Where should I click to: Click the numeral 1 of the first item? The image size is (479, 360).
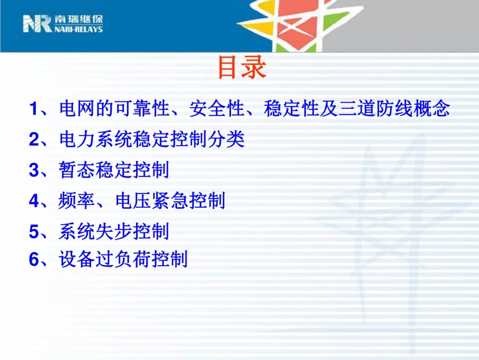click(x=34, y=109)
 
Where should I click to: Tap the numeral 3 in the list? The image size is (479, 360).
click(x=34, y=170)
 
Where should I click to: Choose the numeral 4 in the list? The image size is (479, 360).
click(x=34, y=201)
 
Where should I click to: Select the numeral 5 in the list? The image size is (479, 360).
click(x=34, y=232)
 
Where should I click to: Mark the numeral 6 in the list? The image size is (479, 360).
click(x=34, y=260)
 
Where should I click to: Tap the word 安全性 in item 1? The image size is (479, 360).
click(x=217, y=109)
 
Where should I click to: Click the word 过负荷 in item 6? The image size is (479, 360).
click(x=124, y=260)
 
